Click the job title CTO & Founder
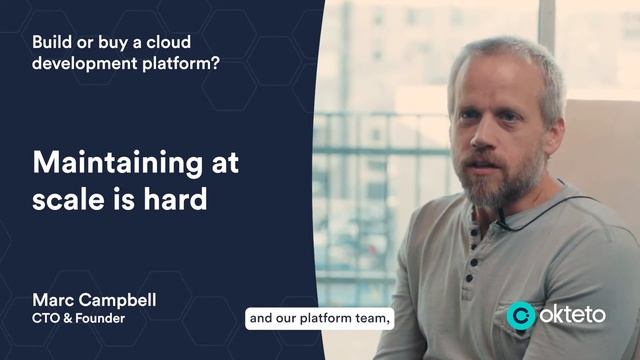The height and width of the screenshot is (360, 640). coord(79,319)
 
